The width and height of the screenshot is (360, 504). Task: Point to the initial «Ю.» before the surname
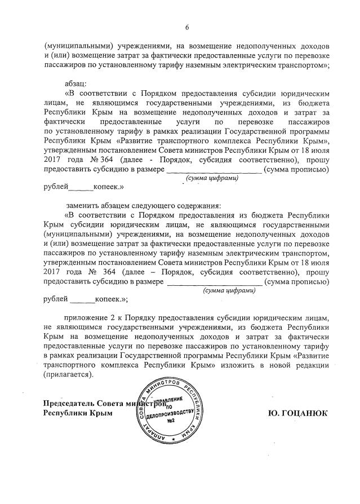(274, 413)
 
